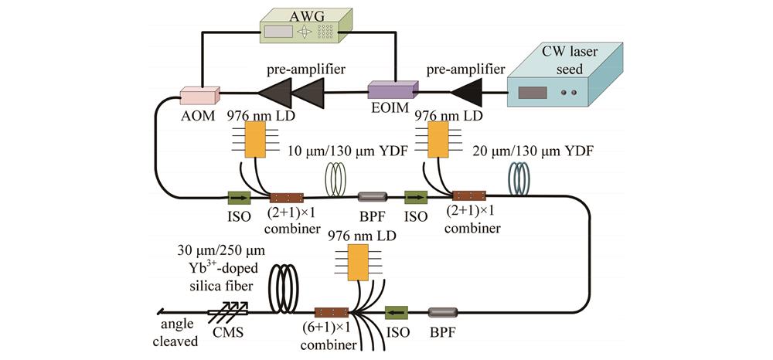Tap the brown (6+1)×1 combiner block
coord(329,313)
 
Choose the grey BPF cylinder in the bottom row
coord(441,312)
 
